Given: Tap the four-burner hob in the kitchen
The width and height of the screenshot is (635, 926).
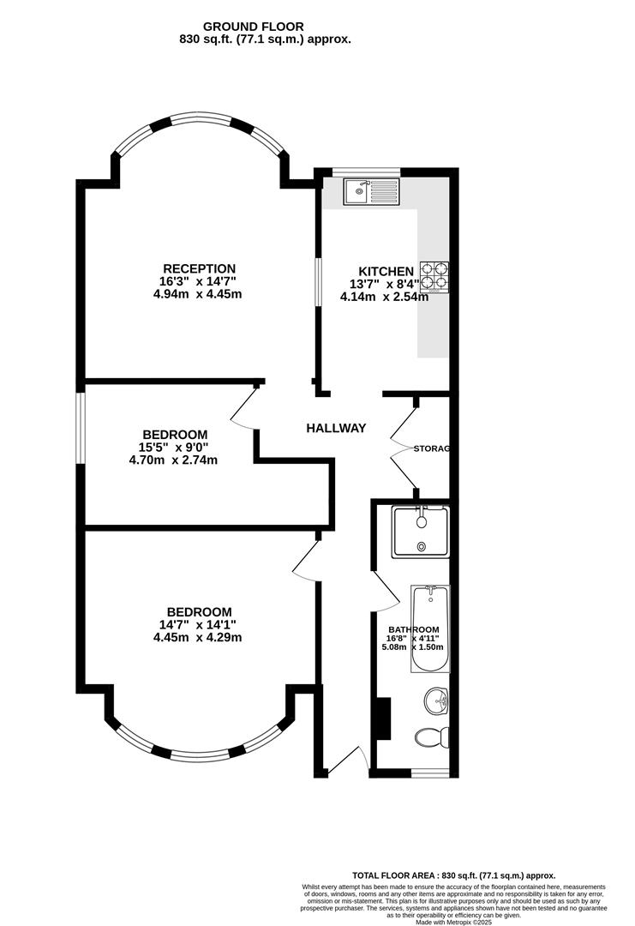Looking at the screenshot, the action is pos(434,278).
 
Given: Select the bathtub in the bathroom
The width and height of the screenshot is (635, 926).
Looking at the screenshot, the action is pos(430,629).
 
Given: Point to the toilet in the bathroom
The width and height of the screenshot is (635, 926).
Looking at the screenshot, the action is pos(432,737).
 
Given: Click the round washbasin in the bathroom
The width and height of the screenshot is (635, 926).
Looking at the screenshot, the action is pos(436,701).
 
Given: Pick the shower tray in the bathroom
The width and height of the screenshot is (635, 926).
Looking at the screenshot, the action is pos(422,532).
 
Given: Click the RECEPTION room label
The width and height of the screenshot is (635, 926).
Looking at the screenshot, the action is pos(199,268).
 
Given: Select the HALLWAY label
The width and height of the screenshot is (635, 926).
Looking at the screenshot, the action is pos(337,428).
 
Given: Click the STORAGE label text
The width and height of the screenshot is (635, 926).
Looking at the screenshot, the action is pos(432,448).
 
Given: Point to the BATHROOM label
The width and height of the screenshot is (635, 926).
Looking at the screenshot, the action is pos(413,629).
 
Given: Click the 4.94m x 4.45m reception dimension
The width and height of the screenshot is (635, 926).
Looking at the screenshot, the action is pos(198,294).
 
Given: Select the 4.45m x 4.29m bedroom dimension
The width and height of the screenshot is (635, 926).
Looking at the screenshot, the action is pos(198,637).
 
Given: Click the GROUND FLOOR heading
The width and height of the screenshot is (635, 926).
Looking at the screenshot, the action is pos(253,27).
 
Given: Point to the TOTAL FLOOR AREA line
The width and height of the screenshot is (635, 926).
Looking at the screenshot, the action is pos(454,875).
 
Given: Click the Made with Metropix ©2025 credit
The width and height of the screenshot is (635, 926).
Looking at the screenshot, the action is pos(454,921).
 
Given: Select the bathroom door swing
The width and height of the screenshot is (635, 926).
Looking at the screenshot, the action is pos(386,591).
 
